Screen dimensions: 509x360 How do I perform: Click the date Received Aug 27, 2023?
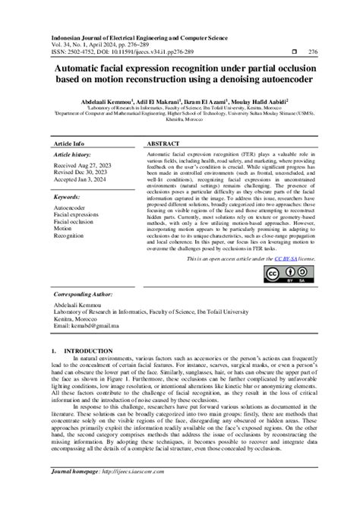tap(82, 165)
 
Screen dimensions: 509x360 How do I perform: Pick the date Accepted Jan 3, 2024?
tap(81, 180)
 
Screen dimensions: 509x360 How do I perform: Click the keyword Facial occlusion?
tap(74, 222)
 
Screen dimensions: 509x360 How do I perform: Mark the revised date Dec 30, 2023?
tap(81, 172)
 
